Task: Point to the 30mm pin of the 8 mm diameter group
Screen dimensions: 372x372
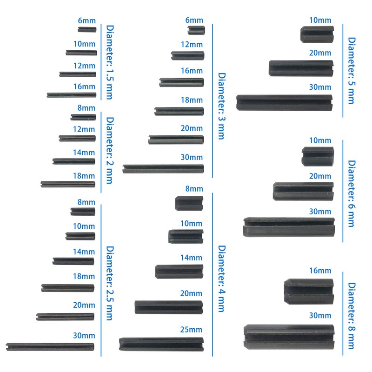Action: (289, 336)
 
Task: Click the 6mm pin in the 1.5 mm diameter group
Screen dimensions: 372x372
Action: (87, 30)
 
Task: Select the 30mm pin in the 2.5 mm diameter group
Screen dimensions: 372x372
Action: (50, 346)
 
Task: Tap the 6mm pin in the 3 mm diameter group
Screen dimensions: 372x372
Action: (196, 30)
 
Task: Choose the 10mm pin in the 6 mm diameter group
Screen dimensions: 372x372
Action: (318, 156)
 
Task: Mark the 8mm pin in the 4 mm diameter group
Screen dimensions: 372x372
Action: (189, 203)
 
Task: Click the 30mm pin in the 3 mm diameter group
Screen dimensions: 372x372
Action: (163, 168)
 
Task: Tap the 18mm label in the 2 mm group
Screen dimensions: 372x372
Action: (84, 176)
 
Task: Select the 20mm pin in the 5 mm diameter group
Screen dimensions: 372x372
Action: (301, 68)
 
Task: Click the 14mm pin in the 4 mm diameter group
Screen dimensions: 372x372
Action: (179, 271)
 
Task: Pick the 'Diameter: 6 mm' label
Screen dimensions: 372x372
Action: (352, 193)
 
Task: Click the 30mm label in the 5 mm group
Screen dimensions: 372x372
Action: (320, 87)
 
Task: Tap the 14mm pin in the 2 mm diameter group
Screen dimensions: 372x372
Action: (73, 161)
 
